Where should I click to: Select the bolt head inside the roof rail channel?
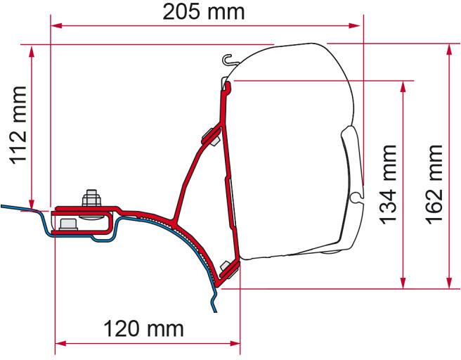pyautogui.click(x=69, y=224)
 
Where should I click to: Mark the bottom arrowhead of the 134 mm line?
pyautogui.click(x=402, y=276)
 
